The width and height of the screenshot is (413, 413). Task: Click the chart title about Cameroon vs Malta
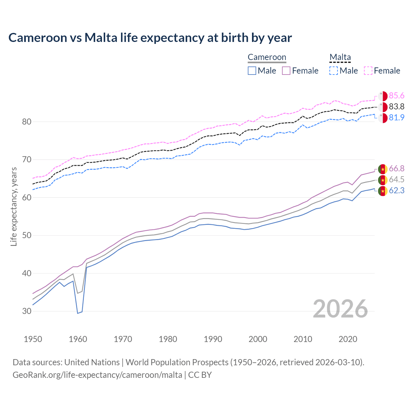(x=150, y=38)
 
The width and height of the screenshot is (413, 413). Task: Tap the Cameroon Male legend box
(x=252, y=71)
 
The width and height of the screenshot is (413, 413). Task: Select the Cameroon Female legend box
(x=286, y=71)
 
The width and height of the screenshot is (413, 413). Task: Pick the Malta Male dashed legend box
(x=334, y=71)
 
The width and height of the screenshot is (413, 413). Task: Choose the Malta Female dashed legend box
(x=368, y=71)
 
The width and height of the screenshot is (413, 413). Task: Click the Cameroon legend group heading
(x=267, y=57)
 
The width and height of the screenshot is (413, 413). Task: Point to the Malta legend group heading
(x=340, y=57)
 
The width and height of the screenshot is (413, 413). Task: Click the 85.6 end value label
(x=397, y=96)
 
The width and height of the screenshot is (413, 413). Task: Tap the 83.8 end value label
(x=397, y=107)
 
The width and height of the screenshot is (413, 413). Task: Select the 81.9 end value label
(x=397, y=118)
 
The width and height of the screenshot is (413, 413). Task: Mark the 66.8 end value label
(x=397, y=169)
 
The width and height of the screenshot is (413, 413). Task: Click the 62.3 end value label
(x=397, y=191)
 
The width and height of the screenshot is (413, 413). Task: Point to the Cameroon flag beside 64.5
(x=383, y=180)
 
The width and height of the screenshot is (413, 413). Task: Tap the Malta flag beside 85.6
(x=383, y=96)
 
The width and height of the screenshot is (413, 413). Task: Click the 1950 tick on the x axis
(x=33, y=339)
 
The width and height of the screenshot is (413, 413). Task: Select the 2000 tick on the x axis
(x=258, y=339)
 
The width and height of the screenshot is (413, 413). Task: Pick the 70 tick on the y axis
(x=27, y=160)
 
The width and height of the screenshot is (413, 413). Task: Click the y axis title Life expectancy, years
(x=14, y=206)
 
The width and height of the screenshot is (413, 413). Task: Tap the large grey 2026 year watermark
(x=340, y=309)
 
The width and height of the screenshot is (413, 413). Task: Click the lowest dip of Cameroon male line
(x=78, y=313)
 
